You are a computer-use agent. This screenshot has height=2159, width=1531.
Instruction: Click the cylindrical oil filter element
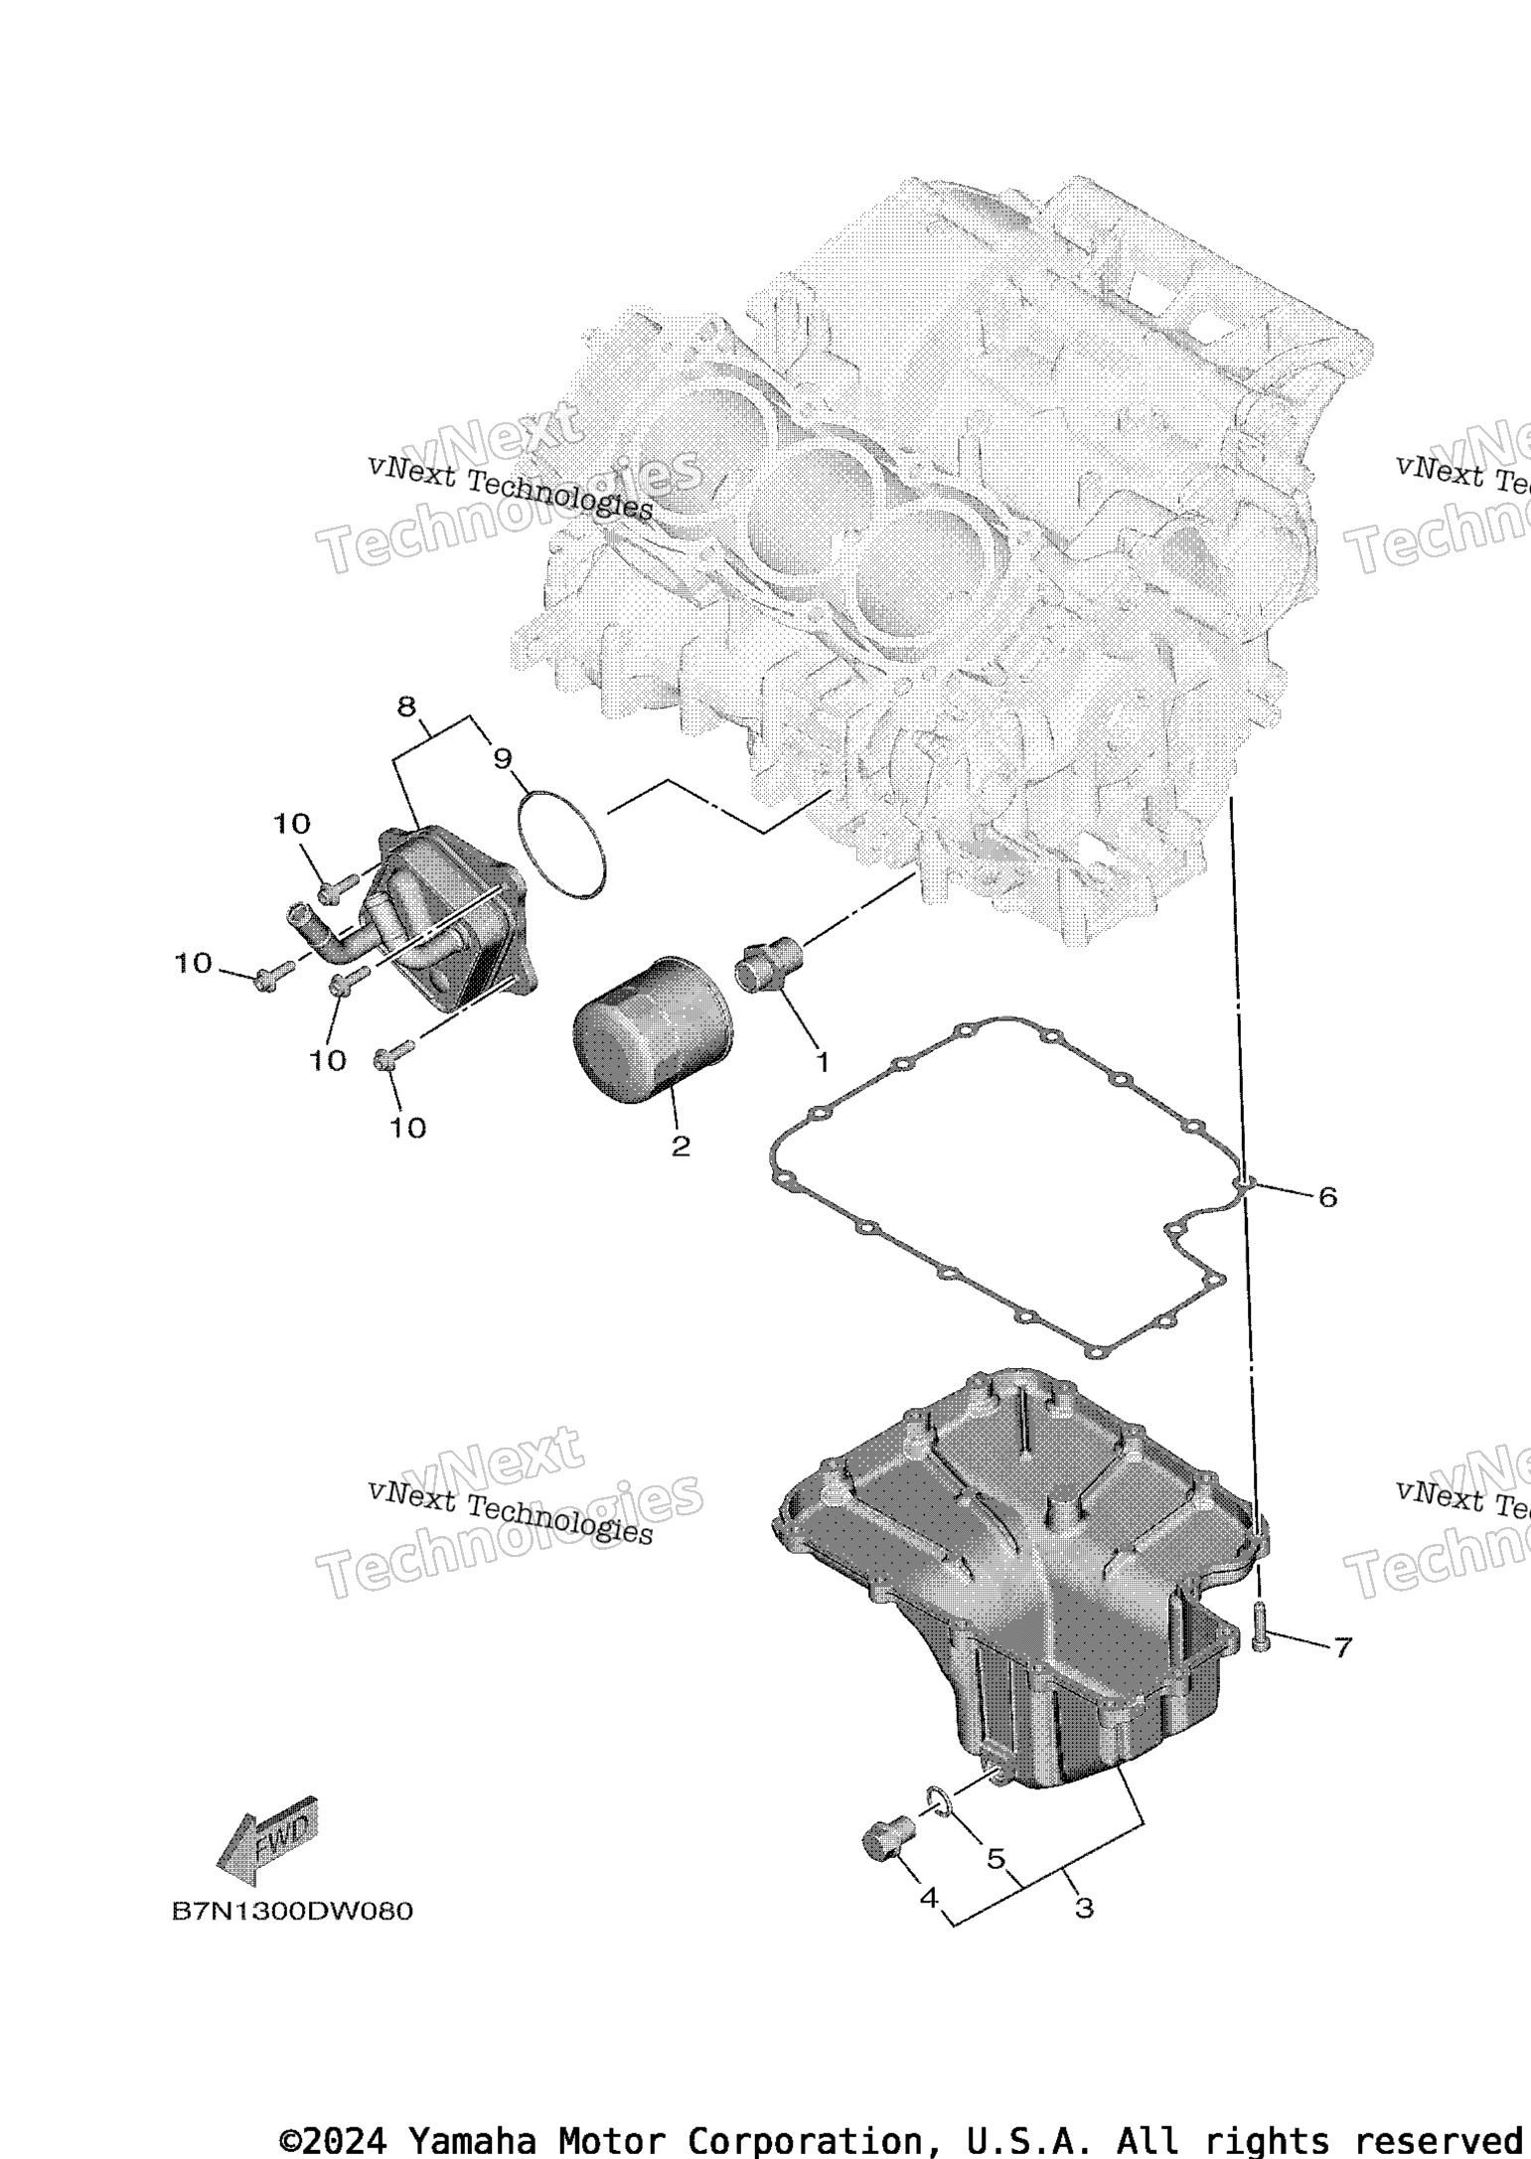[652, 1029]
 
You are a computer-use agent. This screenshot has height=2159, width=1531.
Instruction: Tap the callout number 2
[681, 1147]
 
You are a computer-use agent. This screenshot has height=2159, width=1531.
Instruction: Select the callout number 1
[822, 1061]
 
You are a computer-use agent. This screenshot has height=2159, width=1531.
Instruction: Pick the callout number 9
[503, 759]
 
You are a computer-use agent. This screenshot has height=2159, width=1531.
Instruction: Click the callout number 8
[405, 706]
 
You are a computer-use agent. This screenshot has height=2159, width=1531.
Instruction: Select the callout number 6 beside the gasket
[1327, 1197]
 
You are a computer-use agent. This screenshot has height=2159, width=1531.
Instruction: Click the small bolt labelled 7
[1261, 1626]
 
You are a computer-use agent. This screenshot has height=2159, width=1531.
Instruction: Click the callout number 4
[929, 1897]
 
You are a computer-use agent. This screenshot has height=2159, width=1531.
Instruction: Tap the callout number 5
[995, 1857]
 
